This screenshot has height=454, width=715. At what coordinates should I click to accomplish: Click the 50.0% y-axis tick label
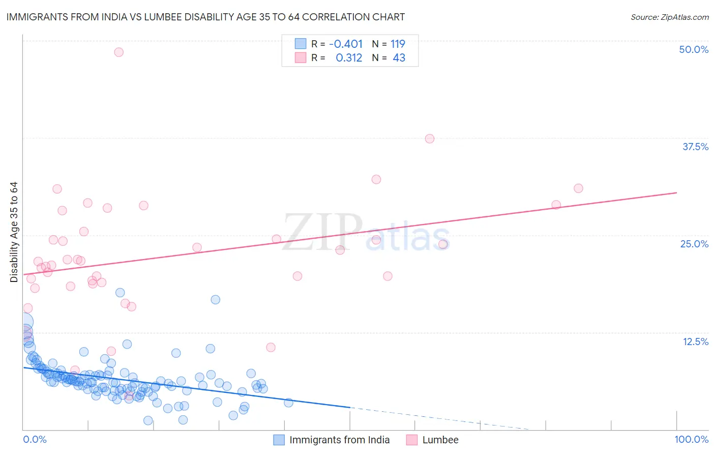[694, 49]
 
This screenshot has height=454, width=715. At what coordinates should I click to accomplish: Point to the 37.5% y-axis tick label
[695, 147]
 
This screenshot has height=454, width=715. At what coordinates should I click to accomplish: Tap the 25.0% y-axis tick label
[694, 244]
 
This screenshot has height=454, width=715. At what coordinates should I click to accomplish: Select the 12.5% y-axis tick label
[695, 342]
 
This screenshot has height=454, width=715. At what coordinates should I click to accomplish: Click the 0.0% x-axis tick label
[35, 439]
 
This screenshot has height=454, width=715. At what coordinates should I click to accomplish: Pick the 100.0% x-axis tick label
[691, 439]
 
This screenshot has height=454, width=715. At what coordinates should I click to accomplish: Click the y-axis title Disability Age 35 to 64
[14, 232]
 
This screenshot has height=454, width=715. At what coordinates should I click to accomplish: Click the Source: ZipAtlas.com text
[669, 17]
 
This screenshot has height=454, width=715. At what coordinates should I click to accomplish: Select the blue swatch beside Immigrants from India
[279, 440]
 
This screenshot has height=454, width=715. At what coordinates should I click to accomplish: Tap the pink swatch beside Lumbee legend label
[412, 440]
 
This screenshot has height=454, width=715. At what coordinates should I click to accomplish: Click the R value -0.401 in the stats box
[346, 44]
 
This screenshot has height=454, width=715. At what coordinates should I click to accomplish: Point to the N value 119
[398, 44]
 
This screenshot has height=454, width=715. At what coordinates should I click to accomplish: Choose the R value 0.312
[349, 58]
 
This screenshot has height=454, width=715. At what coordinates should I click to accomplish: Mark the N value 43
[399, 58]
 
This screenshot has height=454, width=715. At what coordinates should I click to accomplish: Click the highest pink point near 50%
[118, 52]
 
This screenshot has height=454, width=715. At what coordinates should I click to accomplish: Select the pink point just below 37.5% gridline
[429, 138]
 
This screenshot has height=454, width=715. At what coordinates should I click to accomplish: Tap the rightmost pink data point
[578, 188]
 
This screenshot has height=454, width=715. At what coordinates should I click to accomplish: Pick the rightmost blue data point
[288, 403]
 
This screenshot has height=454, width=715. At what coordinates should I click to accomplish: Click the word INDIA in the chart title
[111, 17]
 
